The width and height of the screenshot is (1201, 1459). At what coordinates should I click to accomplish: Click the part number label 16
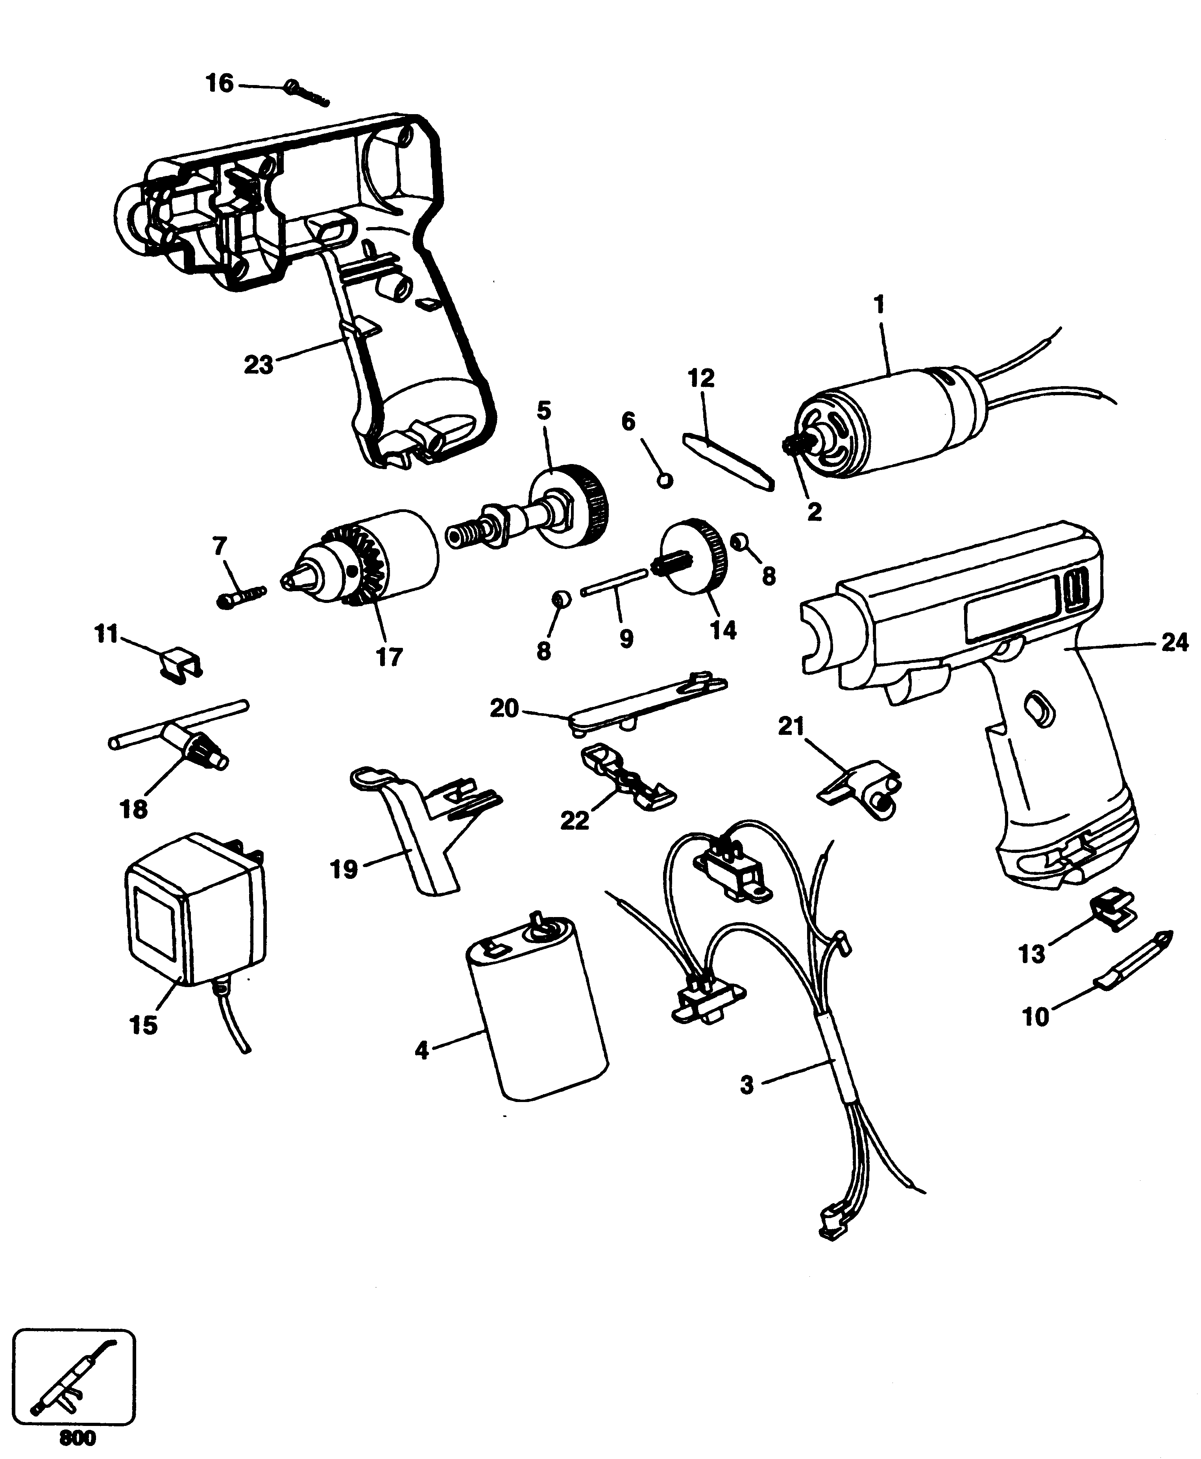click(220, 84)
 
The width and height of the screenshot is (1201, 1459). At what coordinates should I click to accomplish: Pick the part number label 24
click(1173, 644)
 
